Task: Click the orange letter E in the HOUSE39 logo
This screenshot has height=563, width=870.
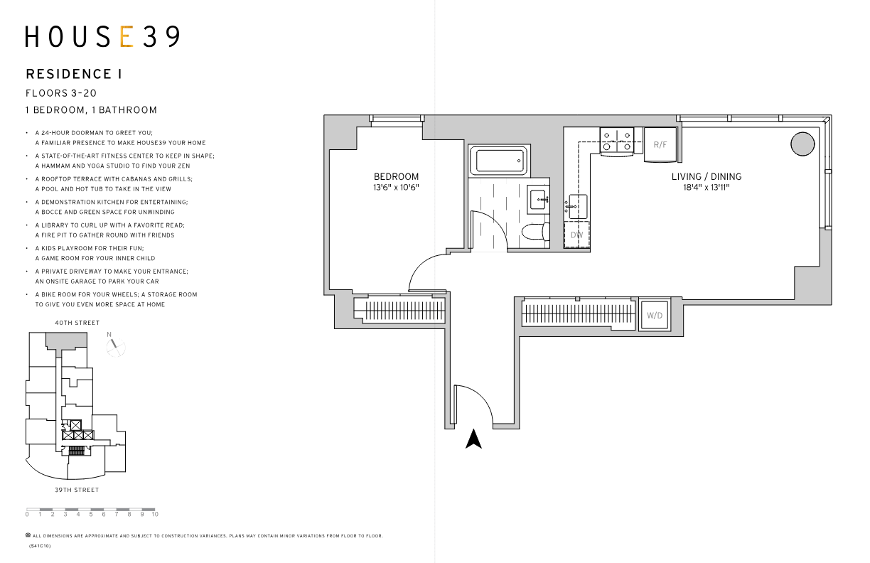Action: point(127,37)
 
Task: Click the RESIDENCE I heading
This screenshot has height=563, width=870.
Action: point(73,74)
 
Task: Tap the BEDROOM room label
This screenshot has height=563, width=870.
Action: point(397,177)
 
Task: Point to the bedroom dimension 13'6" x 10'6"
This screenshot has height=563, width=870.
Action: point(397,188)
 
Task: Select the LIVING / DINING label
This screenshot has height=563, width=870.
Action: point(707,177)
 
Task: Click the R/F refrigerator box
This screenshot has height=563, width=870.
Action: point(660,145)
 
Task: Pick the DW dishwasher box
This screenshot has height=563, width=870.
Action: point(576,235)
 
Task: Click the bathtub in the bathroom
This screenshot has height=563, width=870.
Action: point(500,161)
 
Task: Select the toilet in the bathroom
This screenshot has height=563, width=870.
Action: point(533,232)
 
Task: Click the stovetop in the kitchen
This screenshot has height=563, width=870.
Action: point(617,141)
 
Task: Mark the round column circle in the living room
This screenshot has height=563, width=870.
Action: point(802,144)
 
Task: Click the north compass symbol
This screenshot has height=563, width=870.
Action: point(114,346)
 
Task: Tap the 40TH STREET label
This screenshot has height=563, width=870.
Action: point(77,323)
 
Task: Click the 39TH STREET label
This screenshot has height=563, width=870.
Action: point(77,490)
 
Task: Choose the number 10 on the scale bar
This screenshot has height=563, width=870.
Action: point(154,514)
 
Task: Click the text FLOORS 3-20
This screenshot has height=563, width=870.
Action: point(60,93)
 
